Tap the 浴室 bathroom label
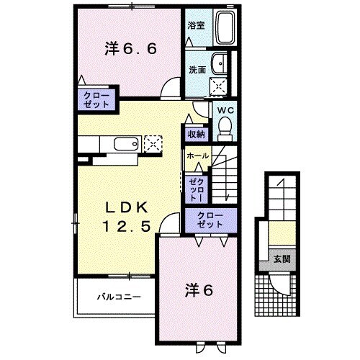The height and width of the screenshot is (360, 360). point(197,25)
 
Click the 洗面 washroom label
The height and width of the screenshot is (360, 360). point(197,71)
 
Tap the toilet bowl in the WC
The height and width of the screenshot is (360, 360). point(225,128)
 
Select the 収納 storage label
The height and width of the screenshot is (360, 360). point(197,134)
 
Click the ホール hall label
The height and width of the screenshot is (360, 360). point(198,156)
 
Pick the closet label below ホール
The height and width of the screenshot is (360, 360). point(197,183)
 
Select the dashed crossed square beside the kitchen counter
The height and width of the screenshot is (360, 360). point(153,143)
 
